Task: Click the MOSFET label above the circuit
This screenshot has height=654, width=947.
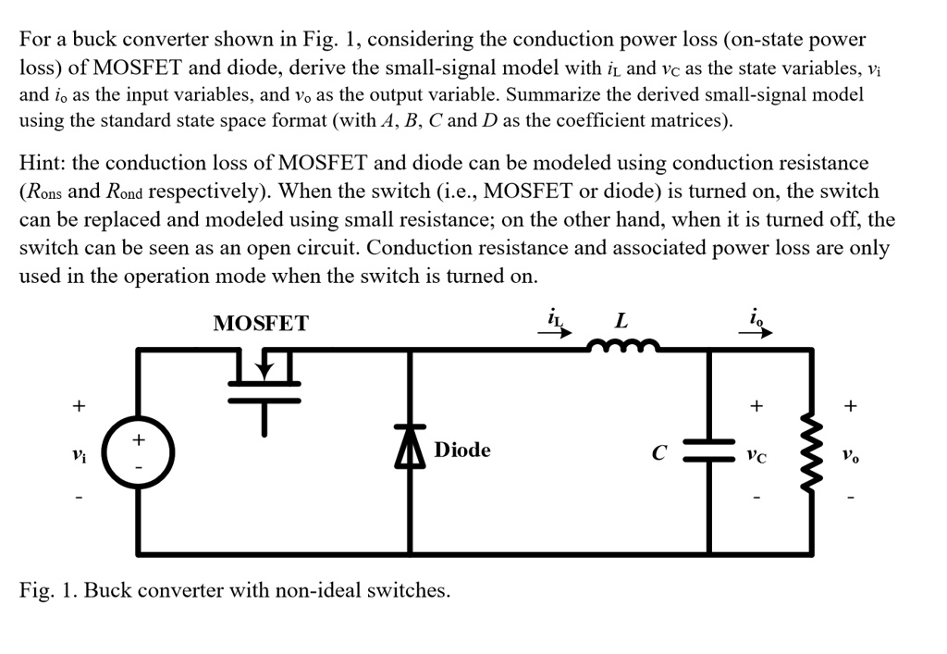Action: click(x=261, y=323)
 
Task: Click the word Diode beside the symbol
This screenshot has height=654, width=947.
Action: click(x=462, y=450)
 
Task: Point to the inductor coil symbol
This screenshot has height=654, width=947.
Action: click(x=621, y=347)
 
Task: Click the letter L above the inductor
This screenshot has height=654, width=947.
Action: click(x=621, y=321)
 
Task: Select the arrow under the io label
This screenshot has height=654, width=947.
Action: click(x=760, y=334)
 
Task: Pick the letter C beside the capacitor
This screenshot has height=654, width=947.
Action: click(x=659, y=454)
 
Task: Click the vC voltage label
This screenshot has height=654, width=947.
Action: click(x=757, y=455)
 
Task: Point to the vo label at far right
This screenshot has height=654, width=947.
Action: click(x=851, y=455)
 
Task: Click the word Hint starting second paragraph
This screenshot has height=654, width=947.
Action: click(x=42, y=163)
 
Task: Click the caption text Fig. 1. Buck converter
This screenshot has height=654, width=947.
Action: click(x=235, y=590)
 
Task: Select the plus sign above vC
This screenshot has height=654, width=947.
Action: click(x=756, y=406)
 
